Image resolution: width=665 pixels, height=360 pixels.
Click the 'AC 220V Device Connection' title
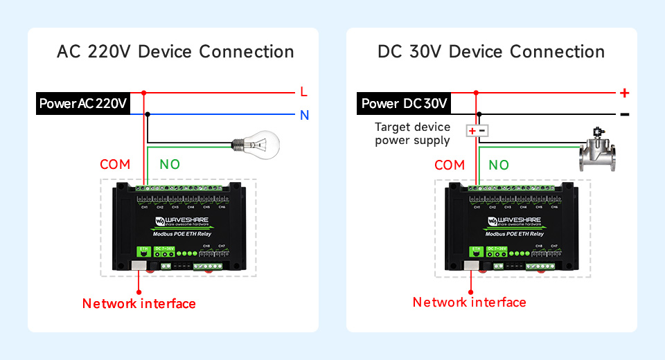point(175,52)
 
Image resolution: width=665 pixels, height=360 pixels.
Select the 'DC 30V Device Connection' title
point(491,52)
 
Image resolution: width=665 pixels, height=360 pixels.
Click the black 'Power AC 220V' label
point(83,104)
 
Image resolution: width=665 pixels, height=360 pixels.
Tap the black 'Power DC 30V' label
point(405,104)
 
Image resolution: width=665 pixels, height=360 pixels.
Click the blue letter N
point(304,116)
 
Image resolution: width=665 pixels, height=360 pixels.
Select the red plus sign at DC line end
point(624,92)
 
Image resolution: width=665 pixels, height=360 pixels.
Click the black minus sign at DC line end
point(624,114)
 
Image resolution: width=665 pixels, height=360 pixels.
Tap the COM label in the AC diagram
point(115,165)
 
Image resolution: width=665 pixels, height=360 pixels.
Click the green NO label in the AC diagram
point(170,165)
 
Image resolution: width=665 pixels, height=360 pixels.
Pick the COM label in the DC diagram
point(450,165)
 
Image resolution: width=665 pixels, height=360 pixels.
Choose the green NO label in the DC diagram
point(499,165)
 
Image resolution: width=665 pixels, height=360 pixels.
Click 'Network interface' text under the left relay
point(139,303)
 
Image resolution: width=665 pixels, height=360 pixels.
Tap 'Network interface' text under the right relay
point(469,303)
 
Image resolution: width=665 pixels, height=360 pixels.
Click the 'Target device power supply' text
point(412,134)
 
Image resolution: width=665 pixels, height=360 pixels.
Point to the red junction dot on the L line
point(144,92)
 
